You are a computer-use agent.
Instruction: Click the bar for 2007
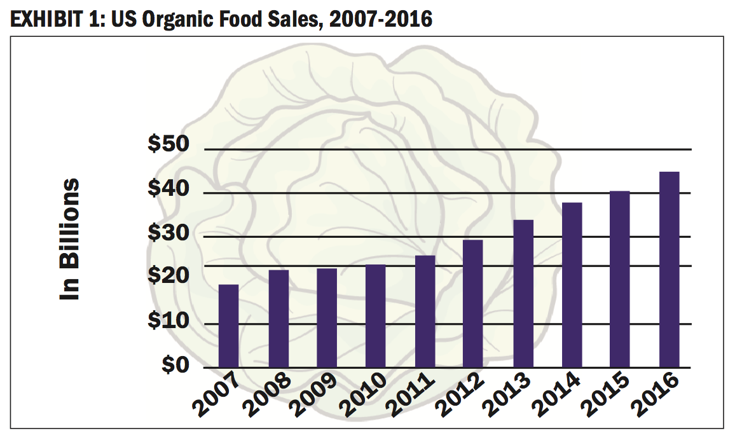pyautogui.click(x=228, y=326)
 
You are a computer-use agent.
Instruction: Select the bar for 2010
pyautogui.click(x=375, y=316)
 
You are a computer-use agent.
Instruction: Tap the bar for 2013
pyautogui.click(x=523, y=294)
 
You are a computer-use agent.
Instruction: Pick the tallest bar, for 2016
pyautogui.click(x=669, y=270)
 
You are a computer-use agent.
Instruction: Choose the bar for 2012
pyautogui.click(x=473, y=304)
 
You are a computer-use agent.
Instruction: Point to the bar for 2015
pyautogui.click(x=620, y=279)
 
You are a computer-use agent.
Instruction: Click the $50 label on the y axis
pyautogui.click(x=168, y=145)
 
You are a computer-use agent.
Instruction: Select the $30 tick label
pyautogui.click(x=168, y=233)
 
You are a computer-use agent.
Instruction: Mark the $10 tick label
pyautogui.click(x=168, y=321)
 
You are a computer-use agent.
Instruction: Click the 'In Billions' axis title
pyautogui.click(x=70, y=239)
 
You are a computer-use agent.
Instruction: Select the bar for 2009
pyautogui.click(x=327, y=318)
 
